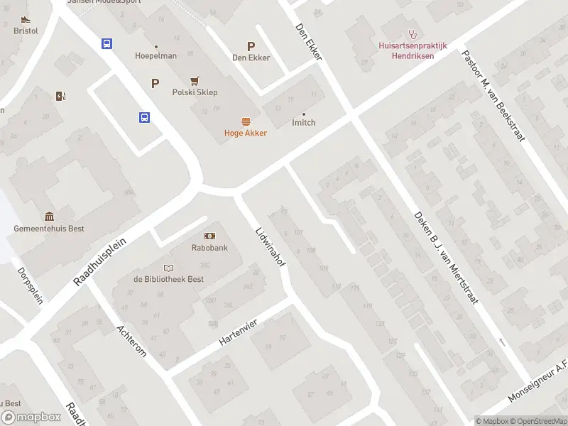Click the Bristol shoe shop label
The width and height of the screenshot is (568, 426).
(x=26, y=31)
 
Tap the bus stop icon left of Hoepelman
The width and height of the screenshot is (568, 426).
(x=106, y=44)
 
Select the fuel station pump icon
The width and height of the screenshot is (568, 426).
(x=60, y=97)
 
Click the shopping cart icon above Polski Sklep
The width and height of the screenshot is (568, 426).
(x=195, y=81)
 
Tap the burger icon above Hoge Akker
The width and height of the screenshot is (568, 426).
(x=246, y=121)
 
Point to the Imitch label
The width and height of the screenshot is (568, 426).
(x=304, y=123)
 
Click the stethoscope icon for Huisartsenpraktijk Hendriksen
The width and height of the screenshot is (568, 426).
(x=412, y=33)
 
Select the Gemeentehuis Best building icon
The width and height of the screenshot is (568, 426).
(x=49, y=217)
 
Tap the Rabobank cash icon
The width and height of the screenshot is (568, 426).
(x=209, y=236)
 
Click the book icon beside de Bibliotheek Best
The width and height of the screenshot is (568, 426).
(x=168, y=268)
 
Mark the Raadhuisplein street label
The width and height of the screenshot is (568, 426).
(x=99, y=262)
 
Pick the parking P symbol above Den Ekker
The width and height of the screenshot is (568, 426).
(x=251, y=45)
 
